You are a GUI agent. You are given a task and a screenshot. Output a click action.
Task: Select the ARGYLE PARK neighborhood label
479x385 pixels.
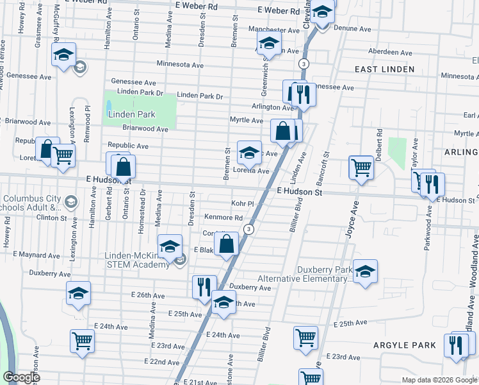point(405,345)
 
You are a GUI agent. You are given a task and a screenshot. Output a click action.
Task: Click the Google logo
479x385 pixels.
point(20,377)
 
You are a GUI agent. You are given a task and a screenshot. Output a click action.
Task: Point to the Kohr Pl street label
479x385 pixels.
point(243,203)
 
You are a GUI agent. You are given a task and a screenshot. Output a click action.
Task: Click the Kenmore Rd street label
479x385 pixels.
point(223,218)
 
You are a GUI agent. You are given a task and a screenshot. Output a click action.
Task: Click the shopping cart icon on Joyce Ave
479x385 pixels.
point(361,167)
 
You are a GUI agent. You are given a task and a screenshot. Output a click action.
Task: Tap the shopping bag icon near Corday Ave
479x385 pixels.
point(227,244)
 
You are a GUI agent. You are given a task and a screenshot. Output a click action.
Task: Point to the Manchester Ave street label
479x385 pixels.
point(257,30)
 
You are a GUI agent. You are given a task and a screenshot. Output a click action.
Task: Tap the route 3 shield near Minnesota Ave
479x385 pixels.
point(303,63)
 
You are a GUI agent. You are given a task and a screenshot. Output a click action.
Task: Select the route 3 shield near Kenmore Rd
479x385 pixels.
point(249,229)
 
